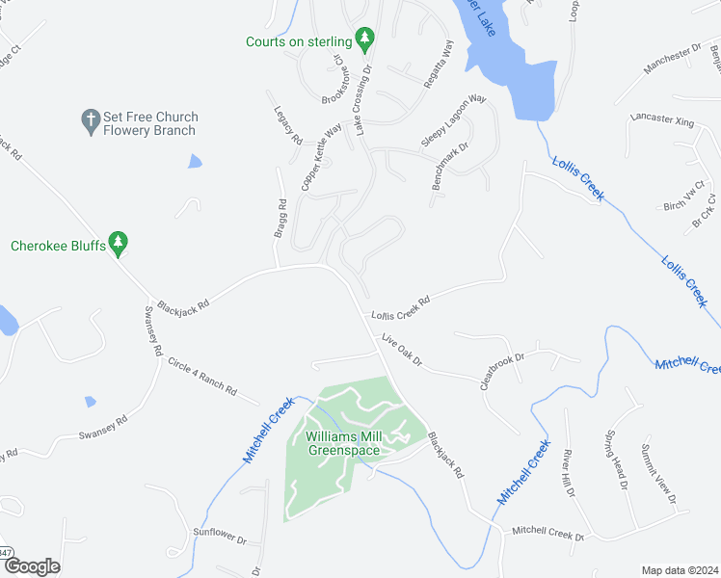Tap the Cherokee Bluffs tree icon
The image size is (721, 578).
(x=119, y=245)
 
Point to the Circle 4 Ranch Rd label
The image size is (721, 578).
(x=201, y=376)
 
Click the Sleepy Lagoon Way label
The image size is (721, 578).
(x=453, y=121)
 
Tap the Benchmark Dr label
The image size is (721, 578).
(x=449, y=167)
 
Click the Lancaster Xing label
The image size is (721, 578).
(x=662, y=119)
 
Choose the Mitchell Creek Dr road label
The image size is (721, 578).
(x=547, y=531)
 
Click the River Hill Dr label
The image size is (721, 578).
(x=569, y=472)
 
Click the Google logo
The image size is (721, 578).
(x=32, y=566)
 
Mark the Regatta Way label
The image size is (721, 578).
(x=439, y=64)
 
